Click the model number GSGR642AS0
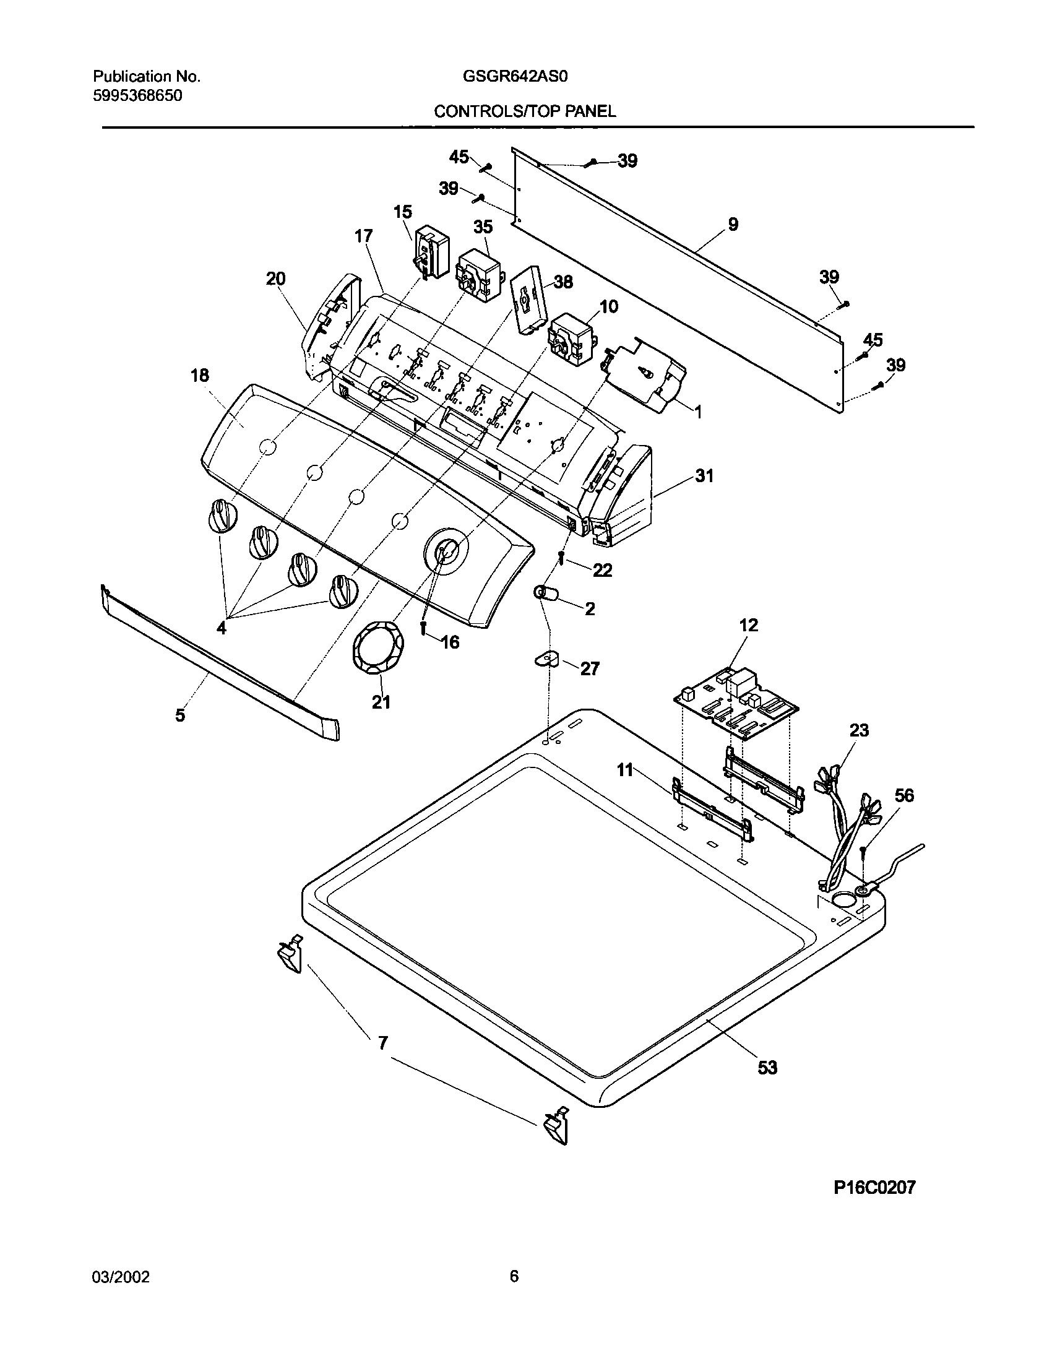515,77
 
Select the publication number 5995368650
137,96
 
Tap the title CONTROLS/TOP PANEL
525,111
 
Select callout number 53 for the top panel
767,1068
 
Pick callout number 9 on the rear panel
733,224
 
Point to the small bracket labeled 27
546,660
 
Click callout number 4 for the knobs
221,628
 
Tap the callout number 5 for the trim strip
179,715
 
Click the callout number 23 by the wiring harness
859,730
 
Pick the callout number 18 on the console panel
200,375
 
